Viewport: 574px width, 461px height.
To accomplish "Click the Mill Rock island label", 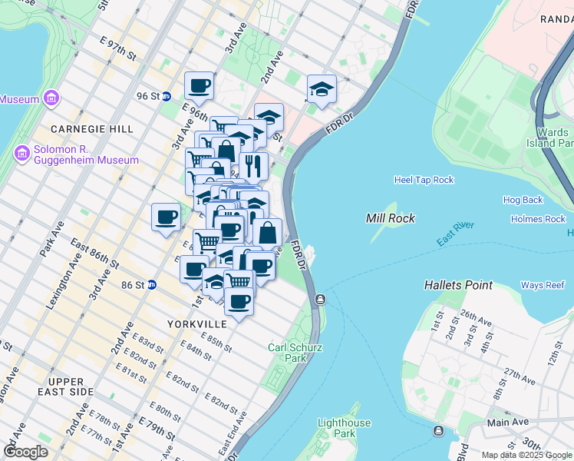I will pos(391,218).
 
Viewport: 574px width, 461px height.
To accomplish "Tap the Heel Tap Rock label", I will pos(424,180).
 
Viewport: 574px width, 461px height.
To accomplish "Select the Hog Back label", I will pos(523,200).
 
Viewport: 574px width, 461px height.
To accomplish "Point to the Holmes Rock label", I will pos(538,219).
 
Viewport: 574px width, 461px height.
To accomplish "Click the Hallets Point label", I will pos(458,285).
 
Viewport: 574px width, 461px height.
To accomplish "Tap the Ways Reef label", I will pos(543,286).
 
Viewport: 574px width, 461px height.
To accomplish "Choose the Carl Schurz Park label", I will pos(295,353).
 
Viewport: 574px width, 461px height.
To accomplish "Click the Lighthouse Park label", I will pos(345,428).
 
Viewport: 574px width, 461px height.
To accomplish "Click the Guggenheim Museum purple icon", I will pos(21,154).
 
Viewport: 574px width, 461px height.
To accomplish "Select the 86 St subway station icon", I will pos(152,285).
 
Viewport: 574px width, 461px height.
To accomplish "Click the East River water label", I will pos(455,234).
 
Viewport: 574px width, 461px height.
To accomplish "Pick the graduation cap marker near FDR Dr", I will pos(322,89).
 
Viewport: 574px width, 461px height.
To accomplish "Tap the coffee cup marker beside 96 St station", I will pos(199,86).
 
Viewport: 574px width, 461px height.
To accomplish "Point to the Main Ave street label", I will pos(508,422).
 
